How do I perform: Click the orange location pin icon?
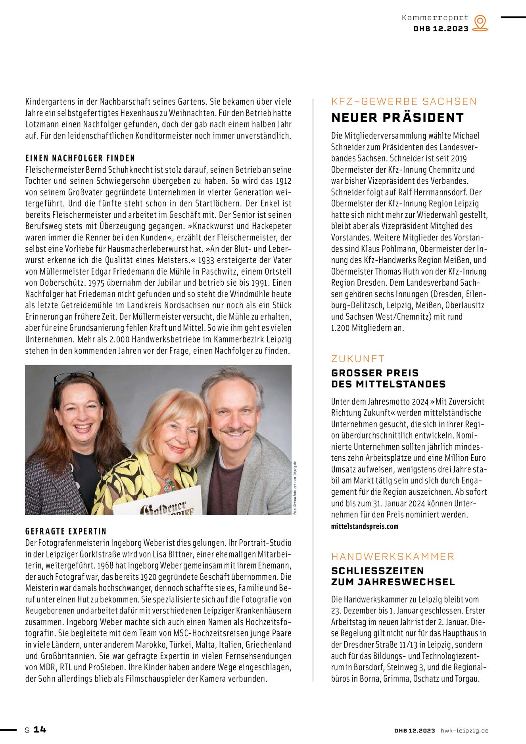[x=480, y=23]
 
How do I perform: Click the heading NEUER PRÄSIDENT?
[x=397, y=118]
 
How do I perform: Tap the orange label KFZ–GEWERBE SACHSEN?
[x=404, y=102]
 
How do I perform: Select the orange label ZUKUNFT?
[x=358, y=359]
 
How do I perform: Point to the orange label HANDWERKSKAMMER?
[x=393, y=556]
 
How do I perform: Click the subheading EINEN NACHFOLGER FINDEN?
[x=80, y=158]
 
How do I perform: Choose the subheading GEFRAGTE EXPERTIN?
[x=66, y=531]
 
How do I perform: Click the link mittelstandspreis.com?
[x=365, y=527]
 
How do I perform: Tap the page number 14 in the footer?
[x=40, y=729]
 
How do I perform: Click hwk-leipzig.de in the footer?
[x=465, y=731]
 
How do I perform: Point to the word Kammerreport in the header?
[x=435, y=18]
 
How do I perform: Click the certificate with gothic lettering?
[x=159, y=507]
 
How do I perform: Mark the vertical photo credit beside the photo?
[x=295, y=488]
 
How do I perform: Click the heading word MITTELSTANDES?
[x=401, y=384]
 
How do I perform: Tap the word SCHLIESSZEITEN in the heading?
[x=377, y=571]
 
